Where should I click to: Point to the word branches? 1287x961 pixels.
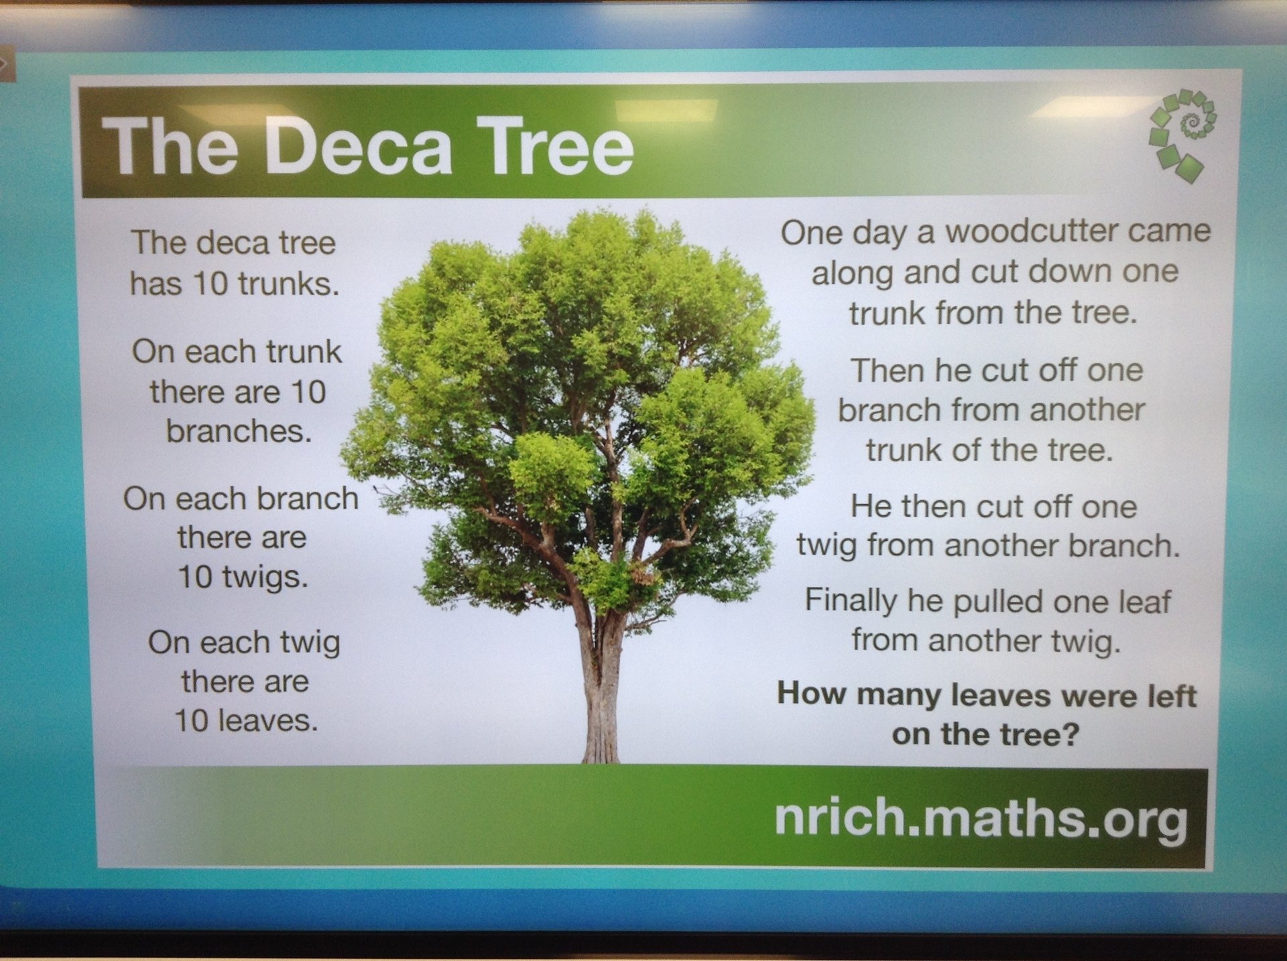pyautogui.click(x=239, y=431)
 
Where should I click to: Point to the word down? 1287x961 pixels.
pyautogui.click(x=1069, y=271)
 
